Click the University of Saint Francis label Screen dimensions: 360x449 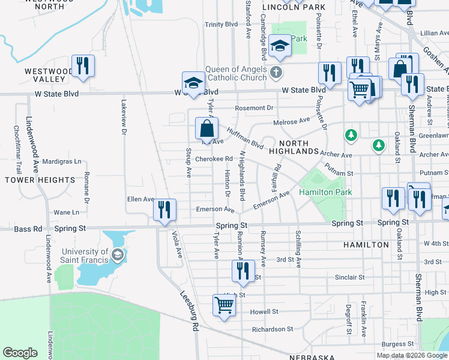coord(84,256)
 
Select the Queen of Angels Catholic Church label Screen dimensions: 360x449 coord(236,73)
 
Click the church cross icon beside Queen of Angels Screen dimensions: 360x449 coord(276,73)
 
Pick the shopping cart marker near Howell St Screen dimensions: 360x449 coord(224,305)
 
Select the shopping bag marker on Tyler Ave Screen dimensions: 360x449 coord(206,128)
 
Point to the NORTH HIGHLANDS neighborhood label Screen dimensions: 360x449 coord(294,147)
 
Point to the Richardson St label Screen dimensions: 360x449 coord(272,329)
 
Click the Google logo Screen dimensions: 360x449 coord(20,353)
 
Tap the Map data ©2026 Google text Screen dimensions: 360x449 coord(412,355)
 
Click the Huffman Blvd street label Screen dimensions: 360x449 coord(246,137)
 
